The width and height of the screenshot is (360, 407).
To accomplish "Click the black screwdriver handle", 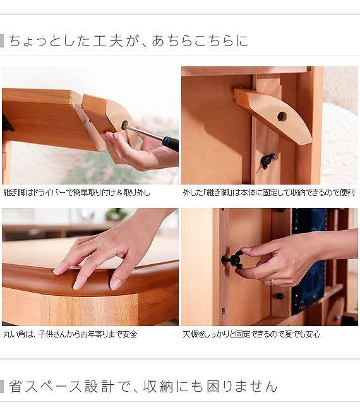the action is coord(171,143).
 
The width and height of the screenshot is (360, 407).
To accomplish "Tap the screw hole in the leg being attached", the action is coord(124,125).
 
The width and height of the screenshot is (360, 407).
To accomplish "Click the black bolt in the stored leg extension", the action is coord(282,116).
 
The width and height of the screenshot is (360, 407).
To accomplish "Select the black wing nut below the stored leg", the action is coord(268,161).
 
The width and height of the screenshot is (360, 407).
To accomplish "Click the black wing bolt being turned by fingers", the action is coord(233,260).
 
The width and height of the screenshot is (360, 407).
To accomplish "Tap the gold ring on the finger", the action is coord(273,282).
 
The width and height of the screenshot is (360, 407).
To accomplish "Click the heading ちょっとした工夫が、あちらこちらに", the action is coord(128,41).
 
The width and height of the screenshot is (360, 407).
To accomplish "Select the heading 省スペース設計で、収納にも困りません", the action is coord(143,387).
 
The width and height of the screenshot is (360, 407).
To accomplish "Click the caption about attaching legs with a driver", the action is coord(77,193).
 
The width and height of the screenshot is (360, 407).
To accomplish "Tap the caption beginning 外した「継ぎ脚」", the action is coord(268,193).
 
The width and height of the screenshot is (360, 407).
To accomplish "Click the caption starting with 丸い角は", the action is coord(70,334).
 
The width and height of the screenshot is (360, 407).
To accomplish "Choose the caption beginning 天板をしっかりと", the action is coord(251,334).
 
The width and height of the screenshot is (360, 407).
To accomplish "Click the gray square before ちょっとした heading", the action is coord(2,41).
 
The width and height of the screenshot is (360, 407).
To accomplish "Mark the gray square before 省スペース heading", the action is coord(2,387).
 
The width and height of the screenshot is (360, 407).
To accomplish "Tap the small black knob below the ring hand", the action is coord(280,296).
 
